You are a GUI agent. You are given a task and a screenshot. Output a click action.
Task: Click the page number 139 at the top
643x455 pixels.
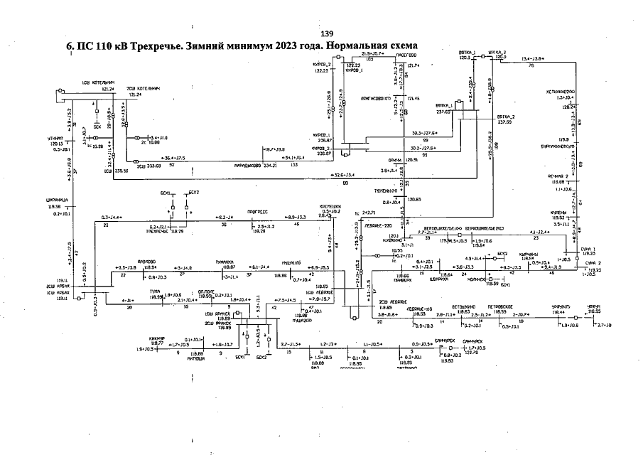coord(327,34)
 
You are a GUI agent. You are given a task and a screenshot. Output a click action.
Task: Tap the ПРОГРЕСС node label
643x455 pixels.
coord(256,212)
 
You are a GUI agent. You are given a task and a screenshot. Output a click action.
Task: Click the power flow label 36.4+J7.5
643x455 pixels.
coord(173,157)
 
